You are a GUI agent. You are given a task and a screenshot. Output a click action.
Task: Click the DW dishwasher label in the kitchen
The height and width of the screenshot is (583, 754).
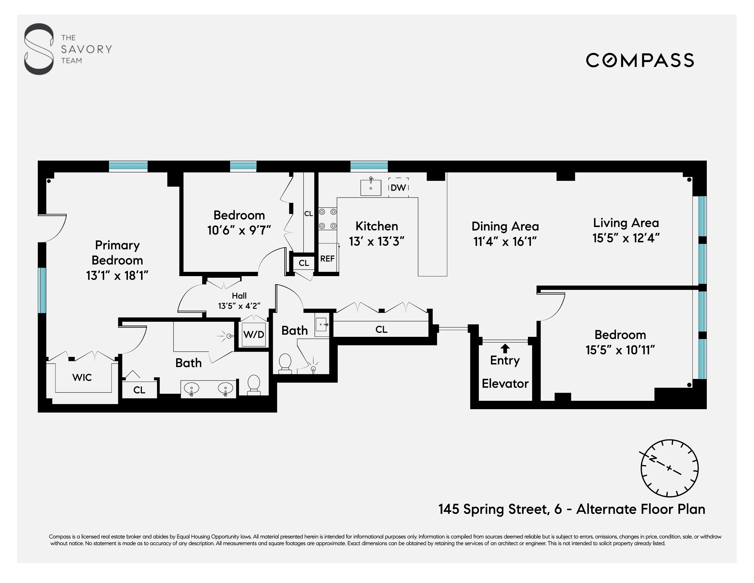tap(398, 188)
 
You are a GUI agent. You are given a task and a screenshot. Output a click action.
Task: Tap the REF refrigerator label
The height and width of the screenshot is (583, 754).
tap(327, 258)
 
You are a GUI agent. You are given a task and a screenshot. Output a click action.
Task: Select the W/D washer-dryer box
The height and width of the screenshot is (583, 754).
tap(254, 334)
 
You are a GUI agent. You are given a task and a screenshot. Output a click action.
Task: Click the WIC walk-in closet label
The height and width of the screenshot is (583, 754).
tap(82, 378)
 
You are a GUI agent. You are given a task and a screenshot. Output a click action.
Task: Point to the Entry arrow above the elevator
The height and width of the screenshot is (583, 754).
tap(505, 348)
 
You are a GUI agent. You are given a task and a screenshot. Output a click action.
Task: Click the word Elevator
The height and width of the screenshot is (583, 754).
tap(505, 384)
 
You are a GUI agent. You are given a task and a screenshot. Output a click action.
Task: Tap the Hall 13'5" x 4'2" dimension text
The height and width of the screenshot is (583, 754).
tap(239, 306)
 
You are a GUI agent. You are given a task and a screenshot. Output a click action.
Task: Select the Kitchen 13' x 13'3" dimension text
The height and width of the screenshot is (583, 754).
tap(377, 241)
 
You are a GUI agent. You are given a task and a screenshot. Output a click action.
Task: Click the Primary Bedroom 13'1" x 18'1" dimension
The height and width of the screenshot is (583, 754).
tap(117, 276)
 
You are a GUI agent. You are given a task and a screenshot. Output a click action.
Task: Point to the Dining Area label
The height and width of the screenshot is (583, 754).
tap(505, 226)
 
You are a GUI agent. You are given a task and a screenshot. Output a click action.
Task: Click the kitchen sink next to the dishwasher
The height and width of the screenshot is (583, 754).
tap(371, 187)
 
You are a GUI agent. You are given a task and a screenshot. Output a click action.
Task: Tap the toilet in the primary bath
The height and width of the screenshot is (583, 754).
tap(254, 385)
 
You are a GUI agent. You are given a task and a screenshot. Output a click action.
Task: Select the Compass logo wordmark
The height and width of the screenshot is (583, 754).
tap(640, 60)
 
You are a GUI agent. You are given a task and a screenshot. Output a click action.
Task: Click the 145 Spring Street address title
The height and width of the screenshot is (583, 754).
tap(572, 509)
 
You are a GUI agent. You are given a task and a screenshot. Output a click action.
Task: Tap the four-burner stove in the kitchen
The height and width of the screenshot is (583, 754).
tap(327, 219)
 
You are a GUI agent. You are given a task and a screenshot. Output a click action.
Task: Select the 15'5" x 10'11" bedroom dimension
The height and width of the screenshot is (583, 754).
tap(620, 350)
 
